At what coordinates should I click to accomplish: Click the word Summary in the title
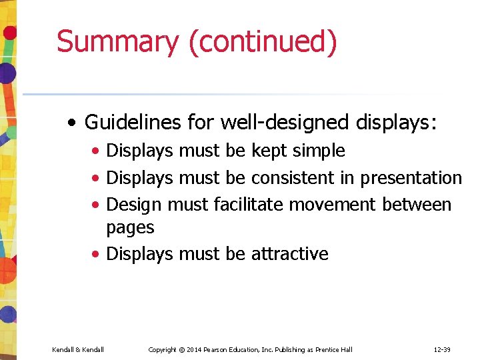117,41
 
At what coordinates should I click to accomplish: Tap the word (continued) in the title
263,43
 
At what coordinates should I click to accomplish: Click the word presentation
411,179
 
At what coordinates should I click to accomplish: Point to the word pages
130,229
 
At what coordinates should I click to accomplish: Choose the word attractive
289,254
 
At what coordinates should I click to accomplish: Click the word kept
266,151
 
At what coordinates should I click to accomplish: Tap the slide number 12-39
442,349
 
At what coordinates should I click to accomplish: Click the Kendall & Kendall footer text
78,349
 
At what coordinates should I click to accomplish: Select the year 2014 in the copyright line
195,349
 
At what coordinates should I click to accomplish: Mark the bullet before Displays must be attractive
97,255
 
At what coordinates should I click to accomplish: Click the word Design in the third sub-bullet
134,205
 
